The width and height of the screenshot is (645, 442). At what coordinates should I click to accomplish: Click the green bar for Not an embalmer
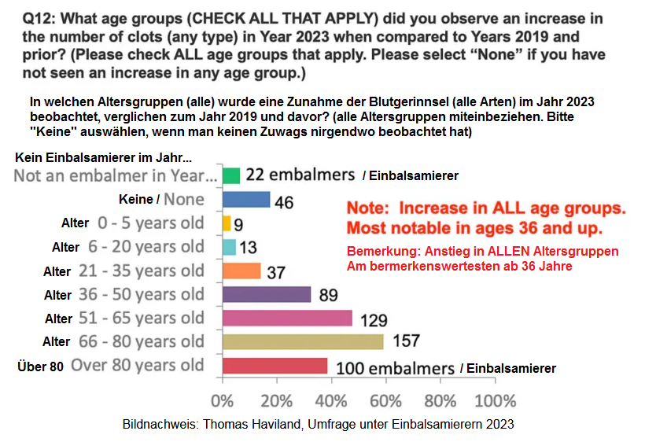(231, 175)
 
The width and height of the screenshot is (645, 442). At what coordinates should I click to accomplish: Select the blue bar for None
(246, 200)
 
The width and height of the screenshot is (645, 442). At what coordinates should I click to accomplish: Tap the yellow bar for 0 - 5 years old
(227, 223)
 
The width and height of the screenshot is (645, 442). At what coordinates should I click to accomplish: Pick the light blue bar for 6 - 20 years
(230, 247)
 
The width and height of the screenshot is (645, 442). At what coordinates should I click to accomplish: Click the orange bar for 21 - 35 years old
(241, 271)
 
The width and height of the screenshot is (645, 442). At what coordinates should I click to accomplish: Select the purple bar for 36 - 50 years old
(267, 294)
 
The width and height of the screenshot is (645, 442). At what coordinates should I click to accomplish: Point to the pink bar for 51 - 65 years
(287, 318)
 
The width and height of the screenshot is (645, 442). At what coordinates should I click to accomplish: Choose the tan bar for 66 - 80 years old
(303, 341)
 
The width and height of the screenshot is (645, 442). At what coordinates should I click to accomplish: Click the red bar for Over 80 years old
(275, 366)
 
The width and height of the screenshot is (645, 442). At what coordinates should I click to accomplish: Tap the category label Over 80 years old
(137, 366)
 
